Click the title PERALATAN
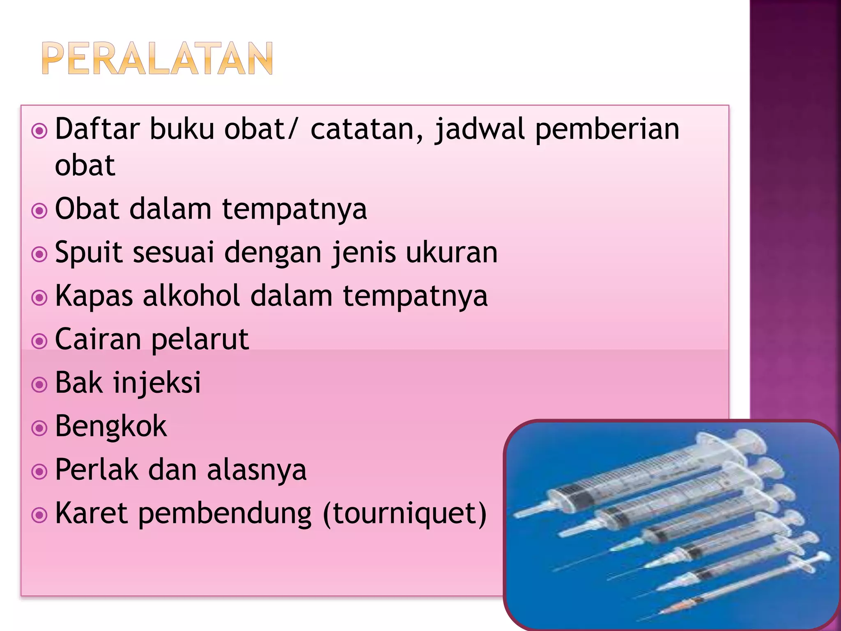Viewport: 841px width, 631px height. [157, 58]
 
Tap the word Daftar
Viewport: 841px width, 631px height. [98, 129]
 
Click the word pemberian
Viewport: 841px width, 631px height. [607, 129]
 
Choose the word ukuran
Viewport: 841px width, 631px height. [452, 252]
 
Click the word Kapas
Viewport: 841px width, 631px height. [94, 296]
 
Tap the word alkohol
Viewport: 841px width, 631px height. [191, 296]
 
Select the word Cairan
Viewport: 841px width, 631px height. [98, 339]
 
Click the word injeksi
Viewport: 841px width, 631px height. [157, 383]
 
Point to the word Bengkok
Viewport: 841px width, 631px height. [111, 426]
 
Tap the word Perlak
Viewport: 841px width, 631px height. [97, 470]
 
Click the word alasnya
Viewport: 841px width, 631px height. [257, 470]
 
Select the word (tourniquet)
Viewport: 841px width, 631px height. [405, 514]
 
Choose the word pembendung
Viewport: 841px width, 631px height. [225, 514]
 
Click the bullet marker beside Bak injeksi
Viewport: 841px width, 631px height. [39, 385]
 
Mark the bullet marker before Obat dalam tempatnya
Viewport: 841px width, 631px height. [39, 211]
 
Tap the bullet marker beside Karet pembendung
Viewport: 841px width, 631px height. [39, 515]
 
